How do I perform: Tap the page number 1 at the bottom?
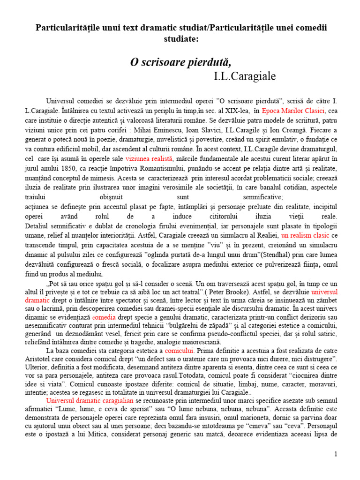tap(336, 454)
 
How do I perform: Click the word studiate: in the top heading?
tap(180, 39)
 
